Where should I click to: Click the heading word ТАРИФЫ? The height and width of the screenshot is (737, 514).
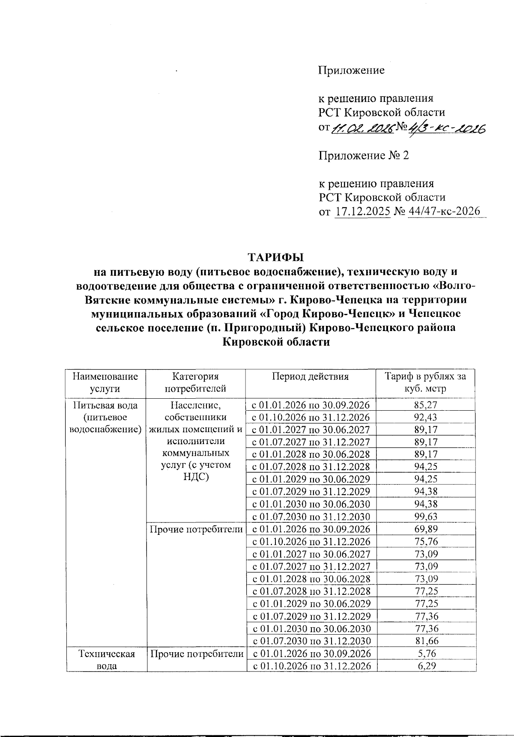[x=276, y=257]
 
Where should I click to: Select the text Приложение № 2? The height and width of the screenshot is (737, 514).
[x=364, y=155]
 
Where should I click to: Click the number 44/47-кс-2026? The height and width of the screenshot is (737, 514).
[x=444, y=212]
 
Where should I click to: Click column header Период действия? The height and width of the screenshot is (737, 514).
[x=310, y=376]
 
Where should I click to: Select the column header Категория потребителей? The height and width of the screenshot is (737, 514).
[x=195, y=382]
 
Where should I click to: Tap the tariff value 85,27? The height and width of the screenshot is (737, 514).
[x=426, y=405]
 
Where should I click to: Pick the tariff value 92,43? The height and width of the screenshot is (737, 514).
[x=426, y=417]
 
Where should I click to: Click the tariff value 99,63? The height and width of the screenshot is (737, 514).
[x=426, y=516]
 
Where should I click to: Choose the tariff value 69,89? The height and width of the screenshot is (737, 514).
[x=426, y=529]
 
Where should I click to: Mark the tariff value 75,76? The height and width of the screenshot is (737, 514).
[x=426, y=541]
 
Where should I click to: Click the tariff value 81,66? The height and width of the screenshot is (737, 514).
[x=426, y=641]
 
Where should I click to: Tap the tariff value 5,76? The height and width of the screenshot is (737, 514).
[x=426, y=653]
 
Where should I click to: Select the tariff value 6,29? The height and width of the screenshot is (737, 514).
[x=426, y=666]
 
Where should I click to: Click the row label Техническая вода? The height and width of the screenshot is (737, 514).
[x=107, y=659]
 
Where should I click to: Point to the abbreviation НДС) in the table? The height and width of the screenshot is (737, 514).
[x=195, y=477]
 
